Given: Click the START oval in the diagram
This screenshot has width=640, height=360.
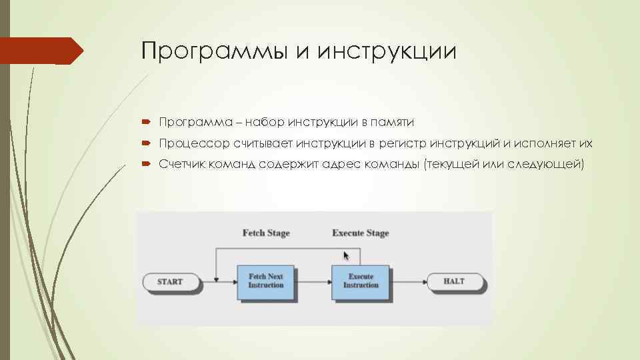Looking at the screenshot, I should coord(171,281).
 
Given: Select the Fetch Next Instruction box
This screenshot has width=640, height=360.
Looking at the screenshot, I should coord(266,281).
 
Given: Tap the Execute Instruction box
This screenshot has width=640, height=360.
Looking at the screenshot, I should coord(361,281).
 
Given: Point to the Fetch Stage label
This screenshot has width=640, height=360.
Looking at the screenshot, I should coord(265,233).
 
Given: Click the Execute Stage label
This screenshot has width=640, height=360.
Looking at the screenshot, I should coord(360,233).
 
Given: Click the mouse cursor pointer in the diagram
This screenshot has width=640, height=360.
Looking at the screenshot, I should coord(345,255).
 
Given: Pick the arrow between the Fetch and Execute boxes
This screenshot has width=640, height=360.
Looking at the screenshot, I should coord(313,281).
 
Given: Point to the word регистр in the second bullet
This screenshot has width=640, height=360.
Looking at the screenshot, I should coord(402,143).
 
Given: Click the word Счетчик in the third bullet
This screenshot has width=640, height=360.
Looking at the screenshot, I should coord(183,165).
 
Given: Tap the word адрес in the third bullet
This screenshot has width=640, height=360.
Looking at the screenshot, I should coord(341,165).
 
